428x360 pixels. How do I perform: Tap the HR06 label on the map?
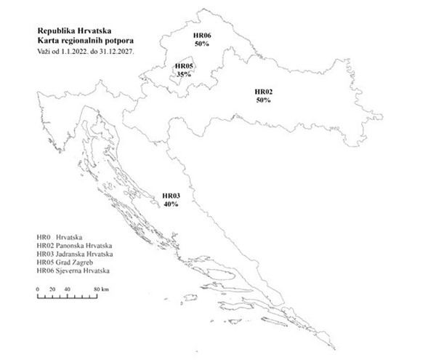(202, 36)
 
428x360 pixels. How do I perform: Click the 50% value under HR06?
(202, 44)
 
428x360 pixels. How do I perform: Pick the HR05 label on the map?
(184, 65)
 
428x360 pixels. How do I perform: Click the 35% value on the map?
(184, 73)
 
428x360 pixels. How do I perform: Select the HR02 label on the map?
(263, 92)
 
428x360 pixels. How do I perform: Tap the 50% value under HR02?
(263, 100)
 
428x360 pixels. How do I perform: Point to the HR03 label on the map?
(170, 196)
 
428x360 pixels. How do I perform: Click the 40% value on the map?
(170, 204)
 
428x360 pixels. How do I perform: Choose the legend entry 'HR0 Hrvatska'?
(60, 238)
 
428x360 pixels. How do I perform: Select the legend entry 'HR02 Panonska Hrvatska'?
(74, 246)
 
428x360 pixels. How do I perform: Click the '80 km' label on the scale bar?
(100, 290)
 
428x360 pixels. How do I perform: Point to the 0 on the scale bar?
(37, 290)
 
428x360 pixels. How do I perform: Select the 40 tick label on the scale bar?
(68, 290)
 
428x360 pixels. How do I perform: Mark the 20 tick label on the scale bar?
(52, 290)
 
